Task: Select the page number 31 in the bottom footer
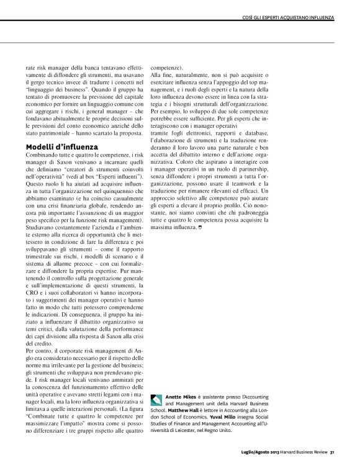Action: click(333, 452)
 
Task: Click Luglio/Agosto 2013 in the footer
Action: click(254, 452)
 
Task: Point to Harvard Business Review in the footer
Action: click(303, 452)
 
